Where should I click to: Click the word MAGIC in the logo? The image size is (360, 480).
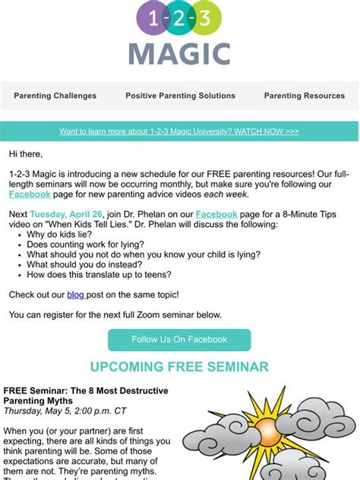tap(179, 53)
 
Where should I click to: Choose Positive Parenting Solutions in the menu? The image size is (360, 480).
tap(180, 96)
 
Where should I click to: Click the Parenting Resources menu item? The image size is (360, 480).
tap(303, 96)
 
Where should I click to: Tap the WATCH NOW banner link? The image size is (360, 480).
tap(179, 131)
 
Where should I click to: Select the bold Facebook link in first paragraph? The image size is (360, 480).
tap(30, 194)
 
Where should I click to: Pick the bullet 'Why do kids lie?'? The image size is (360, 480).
tap(60, 235)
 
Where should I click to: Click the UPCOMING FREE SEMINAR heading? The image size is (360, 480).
tap(179, 367)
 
